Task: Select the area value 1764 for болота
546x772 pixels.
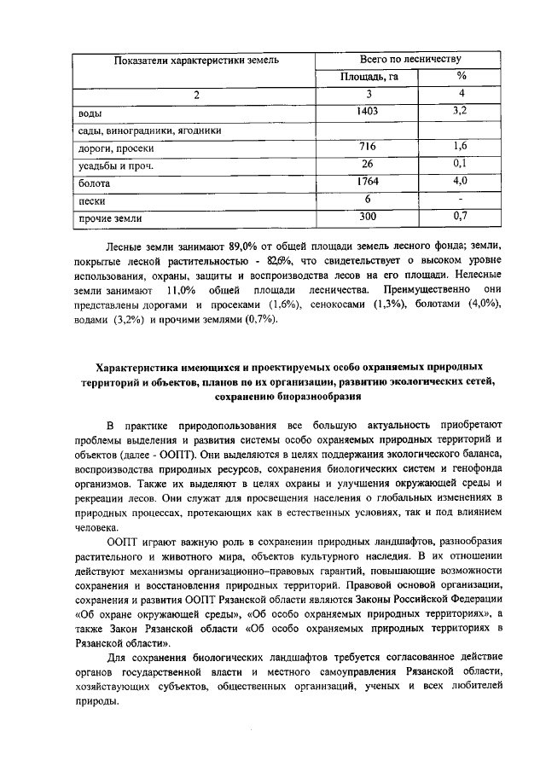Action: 368,182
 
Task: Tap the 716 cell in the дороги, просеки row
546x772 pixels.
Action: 368,147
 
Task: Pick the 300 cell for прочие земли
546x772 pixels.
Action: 368,217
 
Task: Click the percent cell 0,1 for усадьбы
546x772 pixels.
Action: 460,164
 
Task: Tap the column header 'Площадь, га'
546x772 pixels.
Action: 368,77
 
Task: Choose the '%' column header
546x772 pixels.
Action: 460,77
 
